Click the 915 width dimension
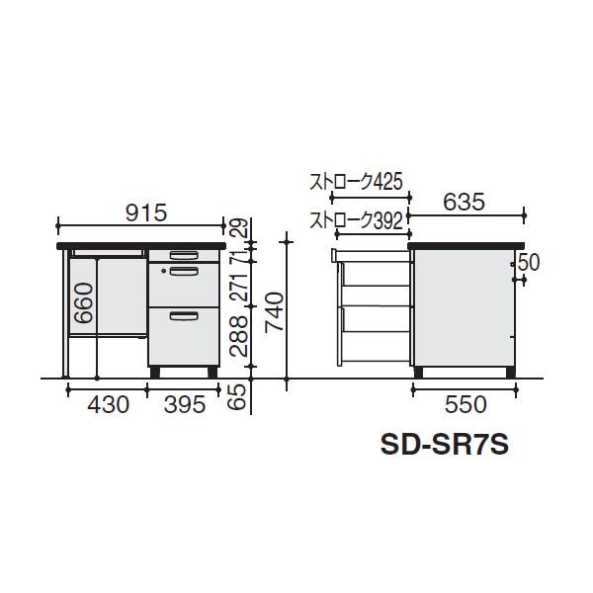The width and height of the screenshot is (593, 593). (x=146, y=212)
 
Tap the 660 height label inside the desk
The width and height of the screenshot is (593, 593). (x=84, y=303)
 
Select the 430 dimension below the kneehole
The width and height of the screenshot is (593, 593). (x=108, y=404)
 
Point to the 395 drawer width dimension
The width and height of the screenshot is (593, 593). (x=185, y=404)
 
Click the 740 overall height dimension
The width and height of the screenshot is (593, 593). (x=275, y=312)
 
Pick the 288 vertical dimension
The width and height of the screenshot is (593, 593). (x=238, y=336)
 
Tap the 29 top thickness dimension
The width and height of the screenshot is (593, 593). (x=240, y=227)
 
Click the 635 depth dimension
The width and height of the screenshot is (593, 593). (x=464, y=202)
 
